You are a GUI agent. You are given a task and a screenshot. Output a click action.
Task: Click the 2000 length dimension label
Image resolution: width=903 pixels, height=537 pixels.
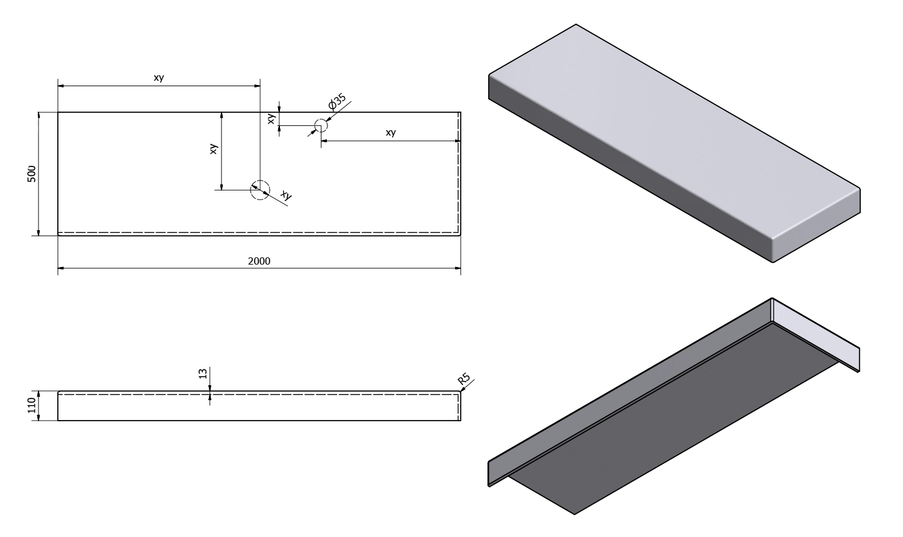tap(259, 261)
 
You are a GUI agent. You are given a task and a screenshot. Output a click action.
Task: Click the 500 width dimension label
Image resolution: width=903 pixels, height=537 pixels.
tap(32, 174)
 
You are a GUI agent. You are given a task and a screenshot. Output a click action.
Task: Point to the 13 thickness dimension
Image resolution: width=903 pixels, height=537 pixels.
tap(202, 374)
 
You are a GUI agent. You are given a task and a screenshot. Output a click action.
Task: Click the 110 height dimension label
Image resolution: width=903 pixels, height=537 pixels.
tap(32, 405)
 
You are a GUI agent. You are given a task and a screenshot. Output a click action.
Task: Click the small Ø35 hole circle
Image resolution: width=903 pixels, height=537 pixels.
tap(320, 125)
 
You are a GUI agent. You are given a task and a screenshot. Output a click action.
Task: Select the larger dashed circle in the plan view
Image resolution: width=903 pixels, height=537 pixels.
tap(260, 189)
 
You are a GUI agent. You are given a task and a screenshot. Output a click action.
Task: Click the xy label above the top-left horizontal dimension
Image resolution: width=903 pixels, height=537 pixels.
tap(159, 78)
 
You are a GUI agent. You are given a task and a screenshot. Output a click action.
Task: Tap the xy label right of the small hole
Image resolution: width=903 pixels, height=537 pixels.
tap(391, 133)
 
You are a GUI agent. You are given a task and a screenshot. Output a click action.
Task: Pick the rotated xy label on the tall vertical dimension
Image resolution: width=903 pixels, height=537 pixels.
tap(213, 149)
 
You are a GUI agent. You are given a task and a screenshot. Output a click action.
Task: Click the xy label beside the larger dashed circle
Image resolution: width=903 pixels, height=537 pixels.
tap(286, 195)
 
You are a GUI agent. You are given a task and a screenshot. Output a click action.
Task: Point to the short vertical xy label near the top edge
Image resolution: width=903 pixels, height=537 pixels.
tap(272, 119)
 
